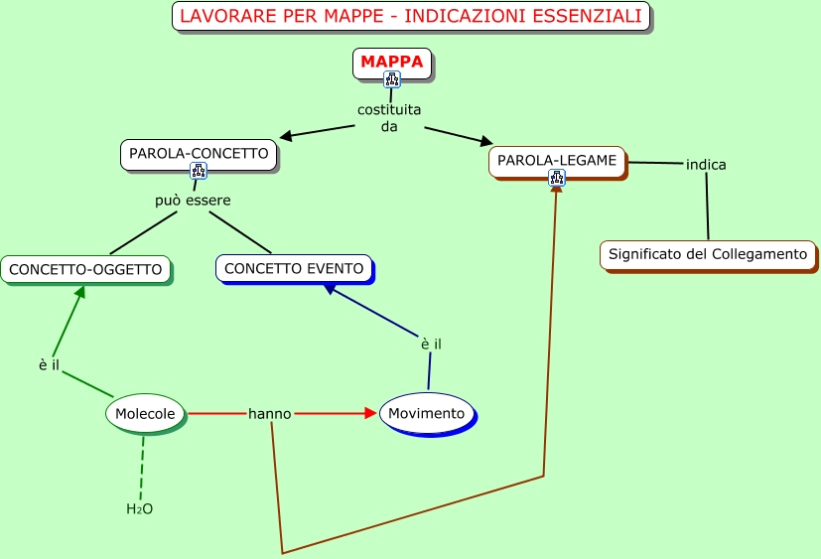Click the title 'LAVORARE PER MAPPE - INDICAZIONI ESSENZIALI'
point(411,17)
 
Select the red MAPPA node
point(391,62)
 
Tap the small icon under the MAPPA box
point(392,79)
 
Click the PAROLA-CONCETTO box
point(199,154)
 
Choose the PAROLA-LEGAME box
point(557,160)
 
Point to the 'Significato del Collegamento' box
point(708,254)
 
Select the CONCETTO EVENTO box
point(294,268)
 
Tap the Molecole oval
point(145,413)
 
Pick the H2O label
point(139,509)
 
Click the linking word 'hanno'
point(270,413)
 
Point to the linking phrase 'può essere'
point(193,201)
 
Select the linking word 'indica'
point(706,165)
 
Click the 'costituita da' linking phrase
point(389,118)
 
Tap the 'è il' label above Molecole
point(50,365)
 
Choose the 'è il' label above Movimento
point(431,344)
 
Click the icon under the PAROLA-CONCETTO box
point(199,171)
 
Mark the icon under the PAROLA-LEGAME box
point(557,178)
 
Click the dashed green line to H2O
point(142,468)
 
